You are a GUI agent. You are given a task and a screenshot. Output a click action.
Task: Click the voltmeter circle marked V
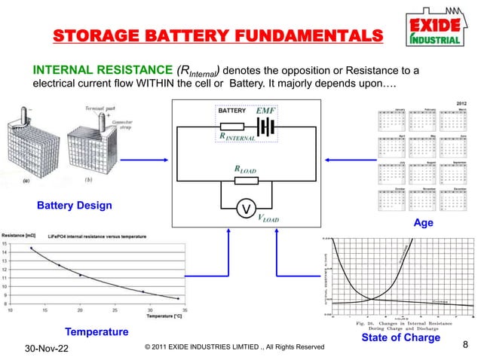coord(244,208)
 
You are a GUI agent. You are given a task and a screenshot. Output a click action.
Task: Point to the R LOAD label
coord(246,170)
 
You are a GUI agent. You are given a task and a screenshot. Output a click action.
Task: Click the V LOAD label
coord(268,218)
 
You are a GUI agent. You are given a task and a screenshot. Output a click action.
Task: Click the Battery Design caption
coord(75,206)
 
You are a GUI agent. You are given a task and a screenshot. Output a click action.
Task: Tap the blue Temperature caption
coord(97,331)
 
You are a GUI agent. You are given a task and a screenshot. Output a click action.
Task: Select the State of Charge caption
coord(400,337)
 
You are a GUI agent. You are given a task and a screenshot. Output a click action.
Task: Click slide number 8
coord(464,346)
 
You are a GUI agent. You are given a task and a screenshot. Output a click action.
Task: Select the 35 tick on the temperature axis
coord(185,309)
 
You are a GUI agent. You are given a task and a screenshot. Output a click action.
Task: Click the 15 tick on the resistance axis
coord(5,243)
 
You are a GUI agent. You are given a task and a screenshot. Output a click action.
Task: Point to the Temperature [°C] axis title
coord(164,316)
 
